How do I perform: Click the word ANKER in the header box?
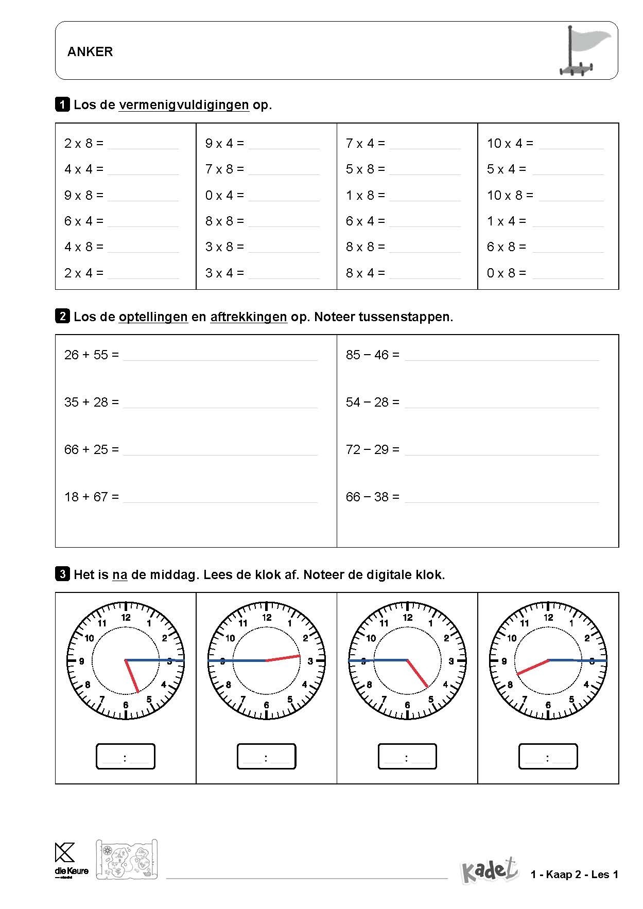pyautogui.click(x=90, y=51)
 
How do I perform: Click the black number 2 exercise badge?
pyautogui.click(x=62, y=316)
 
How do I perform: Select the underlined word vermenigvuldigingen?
pyautogui.click(x=184, y=105)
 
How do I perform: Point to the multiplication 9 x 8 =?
pyautogui.click(x=84, y=195)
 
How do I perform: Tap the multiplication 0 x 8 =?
pyautogui.click(x=507, y=273)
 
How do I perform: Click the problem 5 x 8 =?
pyautogui.click(x=366, y=169)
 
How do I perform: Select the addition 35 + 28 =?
pyautogui.click(x=92, y=402)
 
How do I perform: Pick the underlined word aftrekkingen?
pyautogui.click(x=248, y=317)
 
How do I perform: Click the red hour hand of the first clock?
pyautogui.click(x=132, y=676)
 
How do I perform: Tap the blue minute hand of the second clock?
pyautogui.click(x=237, y=660)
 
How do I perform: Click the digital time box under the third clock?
pyautogui.click(x=407, y=757)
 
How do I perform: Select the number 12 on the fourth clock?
pyautogui.click(x=548, y=617)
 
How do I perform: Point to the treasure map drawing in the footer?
pyautogui.click(x=127, y=859)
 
